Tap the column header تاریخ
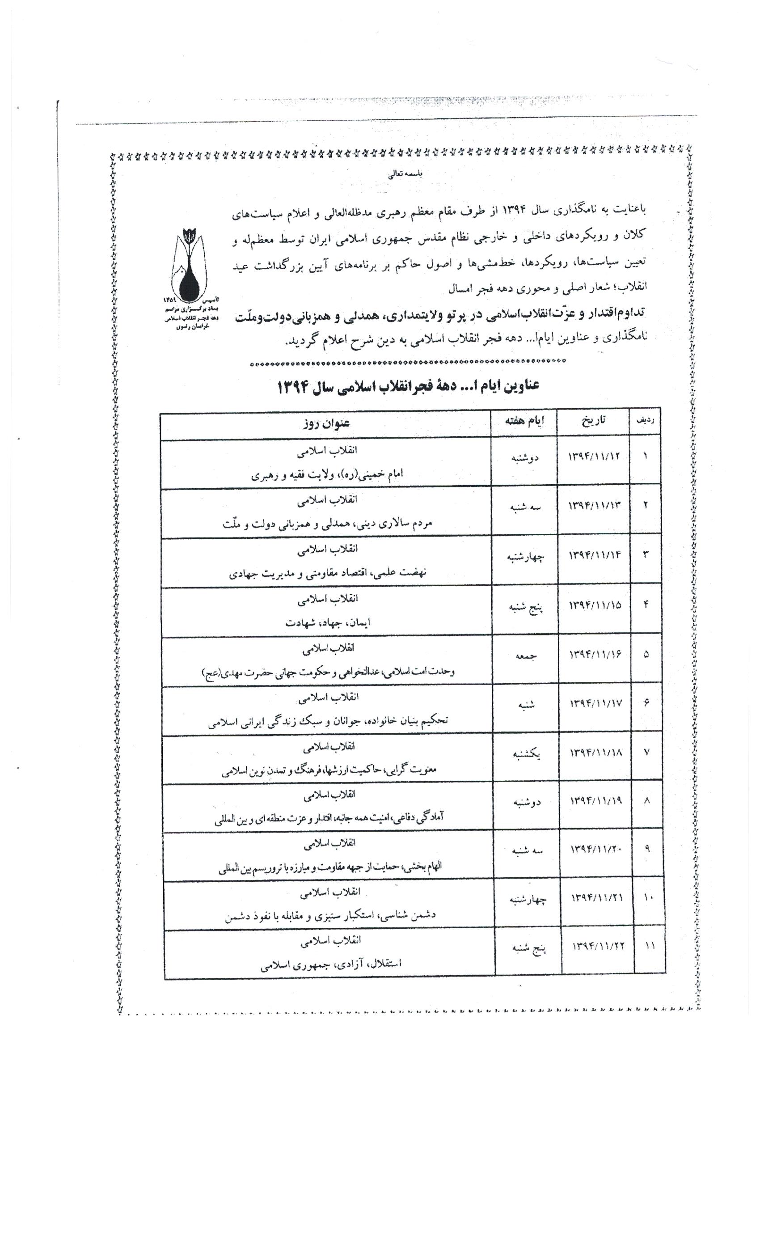[x=593, y=421]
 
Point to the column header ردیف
[x=645, y=421]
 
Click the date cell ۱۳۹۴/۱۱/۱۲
[x=594, y=456]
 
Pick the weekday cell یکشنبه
[x=526, y=754]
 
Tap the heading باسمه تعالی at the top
[x=405, y=174]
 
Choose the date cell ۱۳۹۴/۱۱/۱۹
[x=596, y=801]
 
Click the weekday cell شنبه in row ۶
[x=526, y=704]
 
